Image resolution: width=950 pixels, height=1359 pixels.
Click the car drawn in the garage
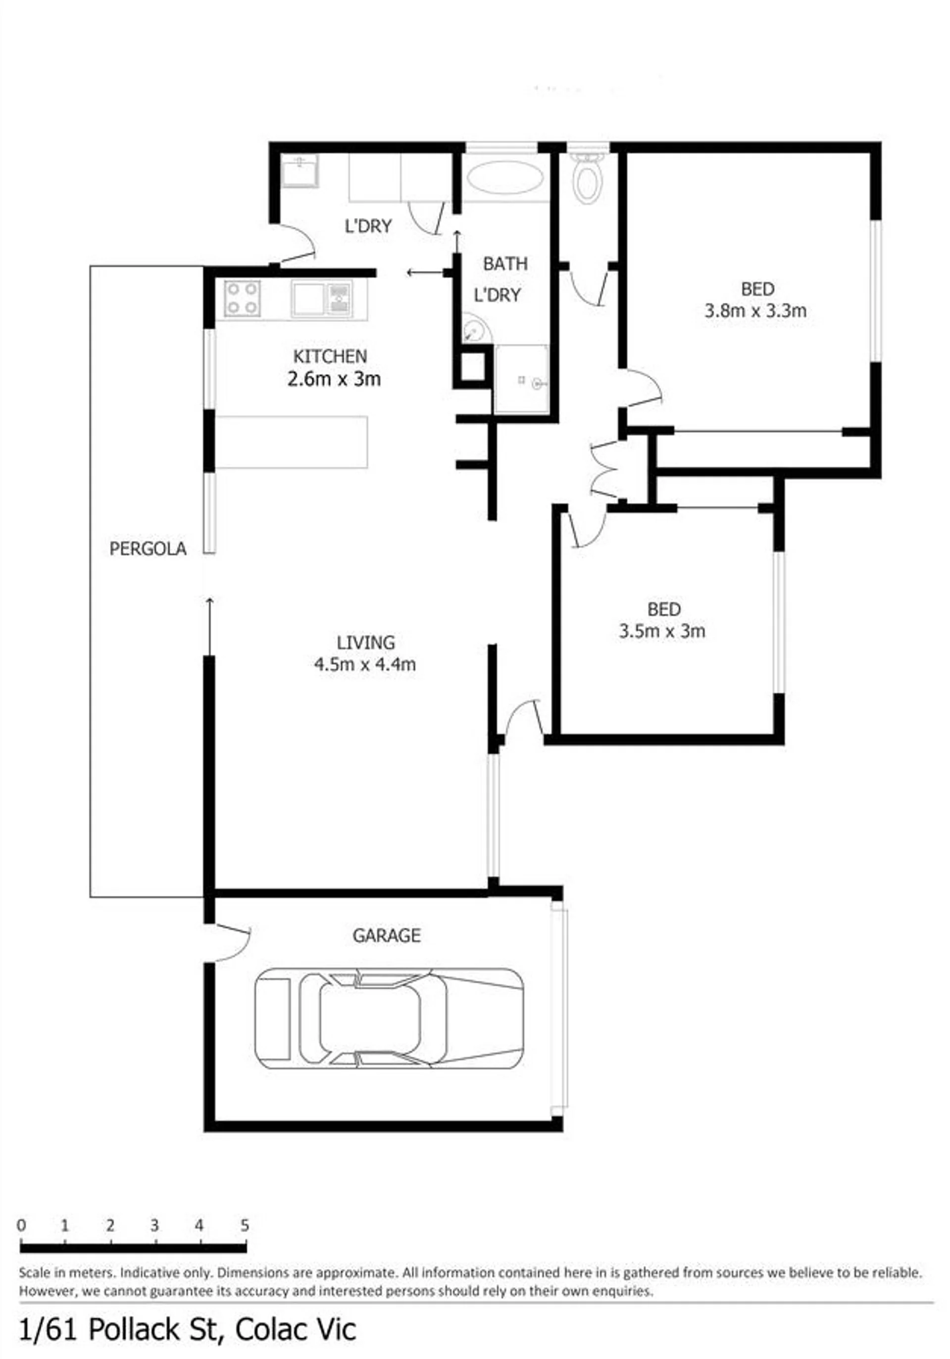point(389,1018)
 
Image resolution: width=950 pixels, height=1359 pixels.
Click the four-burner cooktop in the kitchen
point(243,298)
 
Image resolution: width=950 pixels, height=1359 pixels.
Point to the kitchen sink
point(322,298)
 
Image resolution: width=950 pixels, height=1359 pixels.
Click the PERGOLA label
point(148,548)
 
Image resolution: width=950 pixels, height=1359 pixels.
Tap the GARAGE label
point(387,935)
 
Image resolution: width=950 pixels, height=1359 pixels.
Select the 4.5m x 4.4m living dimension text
point(365,664)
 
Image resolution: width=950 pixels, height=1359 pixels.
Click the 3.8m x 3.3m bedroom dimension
point(755,311)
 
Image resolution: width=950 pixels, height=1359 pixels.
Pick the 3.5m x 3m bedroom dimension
point(662,631)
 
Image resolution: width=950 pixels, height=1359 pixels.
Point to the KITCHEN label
point(330,356)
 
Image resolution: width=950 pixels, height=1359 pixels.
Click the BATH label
point(505,264)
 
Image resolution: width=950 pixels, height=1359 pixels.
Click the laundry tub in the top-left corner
point(300,170)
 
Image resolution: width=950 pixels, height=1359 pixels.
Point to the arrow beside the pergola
point(209,626)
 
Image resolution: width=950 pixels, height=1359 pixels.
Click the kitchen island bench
point(291,442)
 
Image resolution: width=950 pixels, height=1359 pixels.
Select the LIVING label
point(365,642)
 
